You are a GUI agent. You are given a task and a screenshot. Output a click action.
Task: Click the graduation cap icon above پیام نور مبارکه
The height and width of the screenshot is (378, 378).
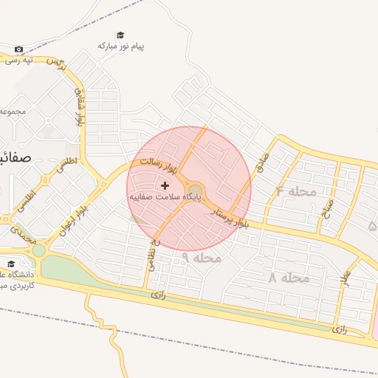tap(120, 35)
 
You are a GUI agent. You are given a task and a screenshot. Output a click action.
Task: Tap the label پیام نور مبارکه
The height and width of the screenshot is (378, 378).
tap(121, 47)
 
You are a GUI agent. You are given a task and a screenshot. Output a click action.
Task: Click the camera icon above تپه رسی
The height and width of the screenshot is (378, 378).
tap(18, 49)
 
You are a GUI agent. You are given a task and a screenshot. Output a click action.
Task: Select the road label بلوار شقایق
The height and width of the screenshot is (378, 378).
tap(79, 108)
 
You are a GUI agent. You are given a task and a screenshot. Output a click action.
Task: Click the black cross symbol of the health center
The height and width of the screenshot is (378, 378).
tap(164, 185)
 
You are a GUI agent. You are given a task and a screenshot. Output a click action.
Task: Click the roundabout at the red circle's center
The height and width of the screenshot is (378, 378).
tap(195, 189)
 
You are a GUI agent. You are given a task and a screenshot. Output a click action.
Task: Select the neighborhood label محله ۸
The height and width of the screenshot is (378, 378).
tap(289, 278)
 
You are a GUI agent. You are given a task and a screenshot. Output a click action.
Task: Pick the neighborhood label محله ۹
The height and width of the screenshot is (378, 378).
tap(201, 258)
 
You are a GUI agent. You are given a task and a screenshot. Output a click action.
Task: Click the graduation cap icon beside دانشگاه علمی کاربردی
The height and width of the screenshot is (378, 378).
tap(10, 264)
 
